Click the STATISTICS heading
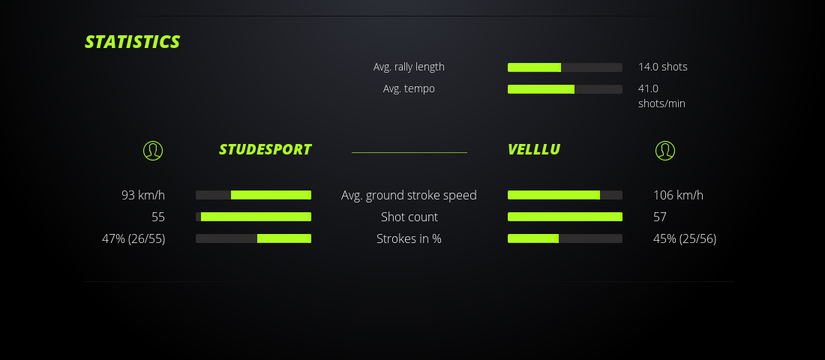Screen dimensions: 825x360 point(133,41)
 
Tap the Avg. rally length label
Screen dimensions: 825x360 point(409,67)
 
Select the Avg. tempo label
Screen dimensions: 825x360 point(409,88)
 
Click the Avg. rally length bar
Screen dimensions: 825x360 point(565,67)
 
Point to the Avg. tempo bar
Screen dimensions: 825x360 point(565,89)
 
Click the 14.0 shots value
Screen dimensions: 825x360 point(663,67)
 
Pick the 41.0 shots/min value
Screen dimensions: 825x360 point(662,96)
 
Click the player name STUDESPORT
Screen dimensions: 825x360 point(265,149)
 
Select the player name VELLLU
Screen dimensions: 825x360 point(534,149)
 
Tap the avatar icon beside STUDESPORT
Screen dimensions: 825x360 point(153,151)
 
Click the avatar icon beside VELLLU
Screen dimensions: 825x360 point(665,151)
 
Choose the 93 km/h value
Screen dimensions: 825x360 point(143,195)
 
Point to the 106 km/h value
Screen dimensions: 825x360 point(678,195)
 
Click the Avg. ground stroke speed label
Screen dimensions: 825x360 point(409,195)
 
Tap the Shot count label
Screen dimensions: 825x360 point(409,217)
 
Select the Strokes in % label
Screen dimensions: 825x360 point(409,238)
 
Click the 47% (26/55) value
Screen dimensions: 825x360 point(133,239)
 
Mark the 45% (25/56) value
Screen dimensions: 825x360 point(685,239)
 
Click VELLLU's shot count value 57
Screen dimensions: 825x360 point(660,217)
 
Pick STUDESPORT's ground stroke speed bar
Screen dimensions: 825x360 point(253,195)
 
